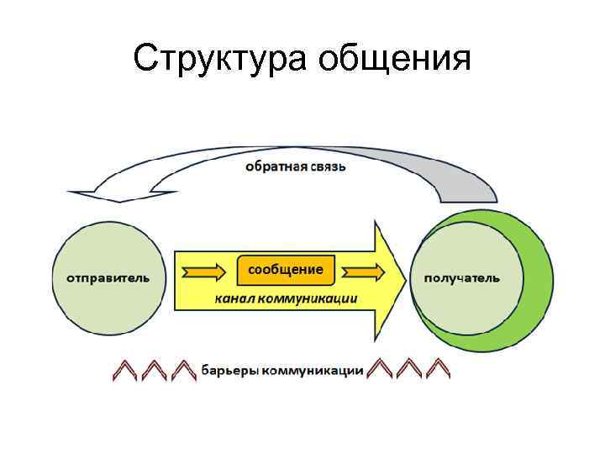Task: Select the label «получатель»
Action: click(x=462, y=277)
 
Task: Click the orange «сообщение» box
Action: click(x=286, y=269)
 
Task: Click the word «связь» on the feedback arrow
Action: click(x=327, y=166)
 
